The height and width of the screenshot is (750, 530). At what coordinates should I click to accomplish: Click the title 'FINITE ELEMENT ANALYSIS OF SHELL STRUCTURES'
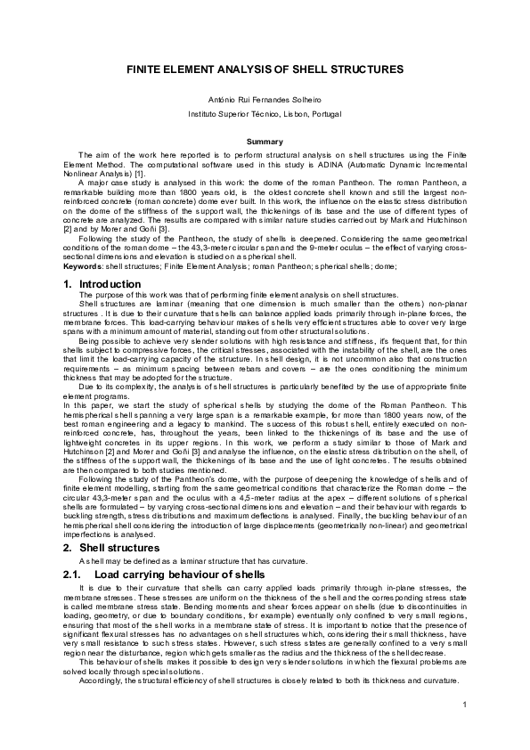(x=265, y=69)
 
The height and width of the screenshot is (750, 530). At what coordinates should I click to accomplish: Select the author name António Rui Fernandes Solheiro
(x=265, y=98)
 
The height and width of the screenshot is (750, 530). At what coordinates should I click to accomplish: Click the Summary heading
(x=265, y=142)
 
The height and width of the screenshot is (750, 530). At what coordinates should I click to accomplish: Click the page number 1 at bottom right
(x=465, y=705)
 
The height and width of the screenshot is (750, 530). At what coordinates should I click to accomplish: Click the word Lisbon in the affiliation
(x=289, y=116)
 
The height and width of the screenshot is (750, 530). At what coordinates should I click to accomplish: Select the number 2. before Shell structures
(x=69, y=548)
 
